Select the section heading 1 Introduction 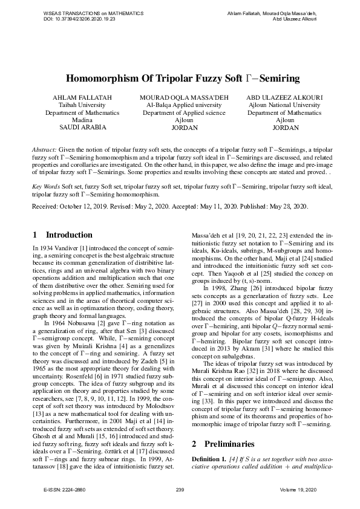(63, 235)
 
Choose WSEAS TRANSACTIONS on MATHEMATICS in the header (85, 13)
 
